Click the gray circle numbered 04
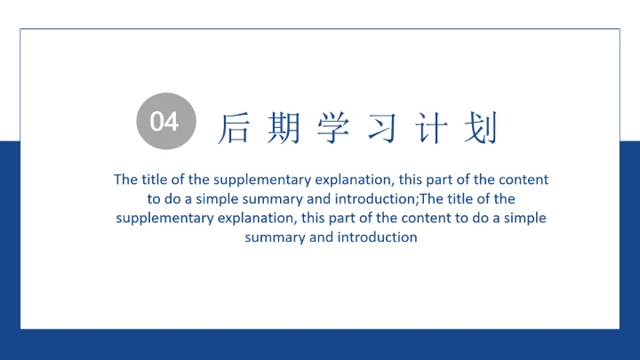pyautogui.click(x=164, y=122)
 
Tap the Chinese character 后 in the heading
pyautogui.click(x=234, y=128)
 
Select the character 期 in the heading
pyautogui.click(x=284, y=128)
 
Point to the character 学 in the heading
pyautogui.click(x=333, y=128)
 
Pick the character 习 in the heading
pyautogui.click(x=381, y=128)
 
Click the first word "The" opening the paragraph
pyautogui.click(x=125, y=180)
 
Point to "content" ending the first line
pyautogui.click(x=524, y=180)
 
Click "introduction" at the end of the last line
pyautogui.click(x=378, y=237)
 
